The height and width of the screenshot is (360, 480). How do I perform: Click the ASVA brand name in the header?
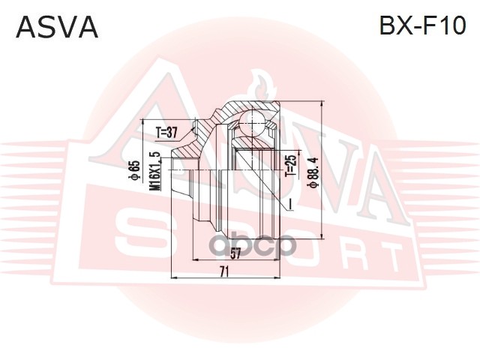click(x=57, y=27)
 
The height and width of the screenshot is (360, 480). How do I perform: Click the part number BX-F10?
click(x=422, y=25)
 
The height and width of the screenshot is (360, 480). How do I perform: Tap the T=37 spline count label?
click(x=166, y=133)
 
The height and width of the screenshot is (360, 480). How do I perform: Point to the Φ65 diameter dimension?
click(x=134, y=170)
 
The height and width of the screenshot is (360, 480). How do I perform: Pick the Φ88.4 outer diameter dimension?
click(x=313, y=172)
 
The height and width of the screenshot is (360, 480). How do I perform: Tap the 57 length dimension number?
click(x=235, y=253)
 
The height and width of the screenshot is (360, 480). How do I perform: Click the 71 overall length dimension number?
click(x=224, y=271)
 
